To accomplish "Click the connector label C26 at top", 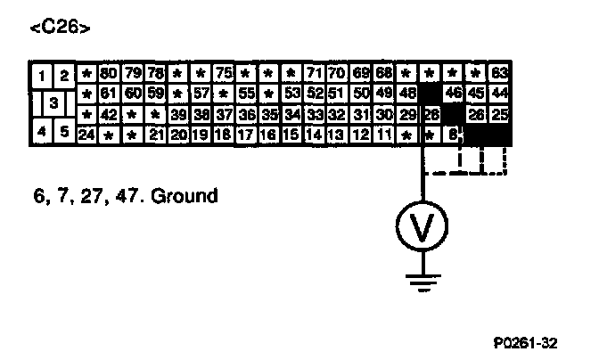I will click(x=59, y=28).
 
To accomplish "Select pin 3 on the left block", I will click(x=53, y=103).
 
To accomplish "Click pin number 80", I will click(x=110, y=72).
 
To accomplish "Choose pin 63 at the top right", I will click(x=499, y=72).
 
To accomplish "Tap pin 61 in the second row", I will click(x=110, y=93).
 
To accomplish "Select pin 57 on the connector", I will click(x=201, y=93).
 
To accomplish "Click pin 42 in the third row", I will click(x=110, y=113).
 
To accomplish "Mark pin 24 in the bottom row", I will click(x=86, y=135).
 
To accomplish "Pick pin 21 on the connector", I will click(x=155, y=135).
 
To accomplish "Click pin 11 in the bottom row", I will click(x=384, y=135).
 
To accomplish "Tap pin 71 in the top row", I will click(x=314, y=72).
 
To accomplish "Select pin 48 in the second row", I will click(x=407, y=93).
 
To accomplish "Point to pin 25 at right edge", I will click(x=499, y=113).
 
